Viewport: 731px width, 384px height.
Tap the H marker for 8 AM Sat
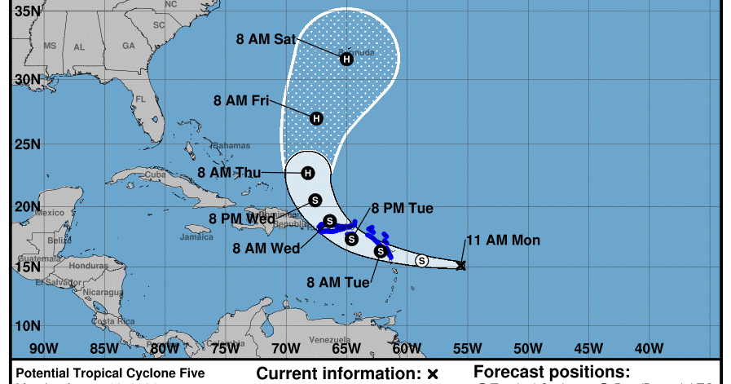[346, 58]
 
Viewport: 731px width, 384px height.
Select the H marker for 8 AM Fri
[317, 118]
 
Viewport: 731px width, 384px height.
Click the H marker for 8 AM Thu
[307, 173]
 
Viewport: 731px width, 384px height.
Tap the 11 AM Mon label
[503, 241]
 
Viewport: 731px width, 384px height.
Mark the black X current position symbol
[461, 266]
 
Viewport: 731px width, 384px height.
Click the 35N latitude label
[27, 11]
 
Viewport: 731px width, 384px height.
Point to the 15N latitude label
[27, 267]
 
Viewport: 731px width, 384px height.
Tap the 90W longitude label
[42, 349]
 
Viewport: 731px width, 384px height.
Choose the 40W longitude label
[649, 349]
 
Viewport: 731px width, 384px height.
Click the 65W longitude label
[346, 349]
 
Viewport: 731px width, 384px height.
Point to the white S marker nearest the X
[421, 261]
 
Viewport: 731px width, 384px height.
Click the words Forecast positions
[552, 372]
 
